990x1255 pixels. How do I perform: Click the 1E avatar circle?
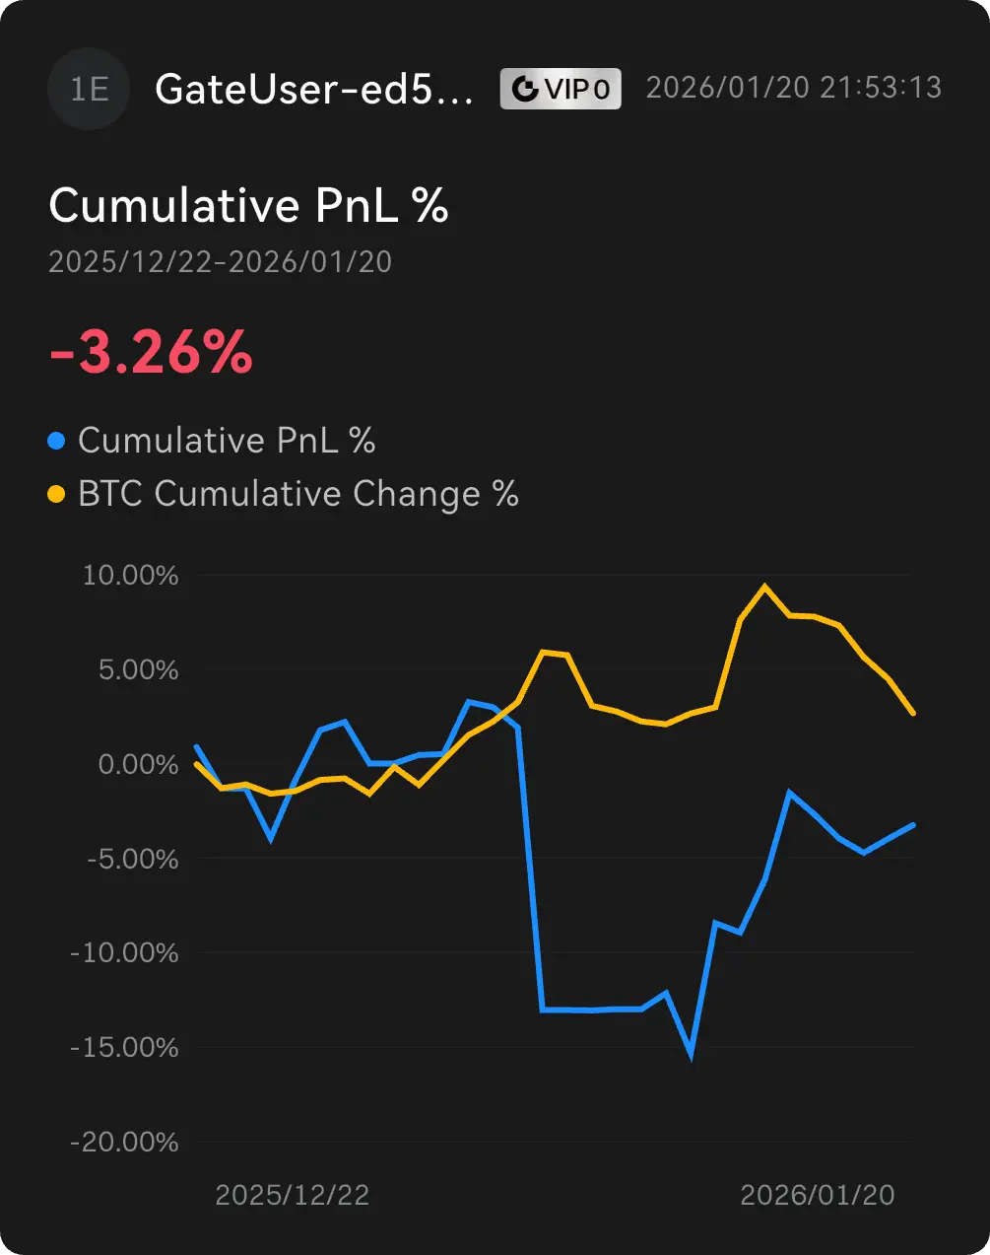coord(89,90)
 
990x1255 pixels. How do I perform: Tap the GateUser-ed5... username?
coord(314,90)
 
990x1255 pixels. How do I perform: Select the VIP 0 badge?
coord(561,90)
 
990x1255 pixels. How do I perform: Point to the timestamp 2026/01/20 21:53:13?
coord(794,88)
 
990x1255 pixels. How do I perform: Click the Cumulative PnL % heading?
coord(248,206)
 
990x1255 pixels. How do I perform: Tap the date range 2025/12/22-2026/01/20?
coord(220,262)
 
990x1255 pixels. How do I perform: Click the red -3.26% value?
coord(151,353)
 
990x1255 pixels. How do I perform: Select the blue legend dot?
coord(56,441)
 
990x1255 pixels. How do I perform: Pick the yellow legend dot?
coord(56,494)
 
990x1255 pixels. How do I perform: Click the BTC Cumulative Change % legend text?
coord(297,494)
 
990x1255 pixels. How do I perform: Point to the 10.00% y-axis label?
coord(131,576)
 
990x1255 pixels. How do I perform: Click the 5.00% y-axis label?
coord(137,670)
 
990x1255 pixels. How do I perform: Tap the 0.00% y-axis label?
coord(137,765)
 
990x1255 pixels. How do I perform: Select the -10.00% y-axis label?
coord(125,953)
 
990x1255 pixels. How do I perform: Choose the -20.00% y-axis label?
coord(125,1143)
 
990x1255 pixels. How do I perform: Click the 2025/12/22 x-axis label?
coord(292,1195)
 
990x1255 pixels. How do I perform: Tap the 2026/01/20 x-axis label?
coord(817,1195)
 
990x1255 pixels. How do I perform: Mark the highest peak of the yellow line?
coord(764,586)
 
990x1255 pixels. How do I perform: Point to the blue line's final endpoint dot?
coord(913,825)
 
